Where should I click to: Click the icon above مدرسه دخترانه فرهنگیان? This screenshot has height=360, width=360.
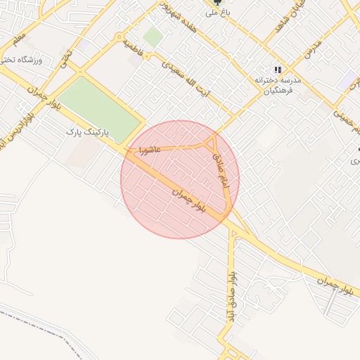point(278,70)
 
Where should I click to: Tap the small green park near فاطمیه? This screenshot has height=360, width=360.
point(153,37)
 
